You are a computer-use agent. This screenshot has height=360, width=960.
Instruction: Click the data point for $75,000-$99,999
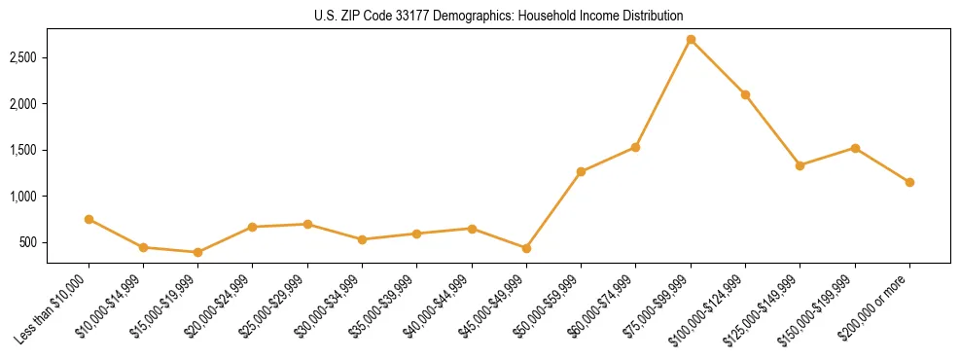pos(691,40)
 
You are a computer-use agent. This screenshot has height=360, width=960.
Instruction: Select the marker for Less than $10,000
pos(89,219)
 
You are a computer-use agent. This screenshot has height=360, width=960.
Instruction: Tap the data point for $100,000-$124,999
pos(745,94)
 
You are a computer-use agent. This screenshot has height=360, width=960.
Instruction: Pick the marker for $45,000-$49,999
pos(526,248)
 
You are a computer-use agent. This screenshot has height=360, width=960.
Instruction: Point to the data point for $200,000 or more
pos(909,182)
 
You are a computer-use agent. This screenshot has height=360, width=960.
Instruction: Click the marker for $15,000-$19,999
pos(198,252)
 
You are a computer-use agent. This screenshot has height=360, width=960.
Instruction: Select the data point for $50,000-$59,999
pos(581,171)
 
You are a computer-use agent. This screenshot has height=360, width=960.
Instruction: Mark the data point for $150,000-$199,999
pos(855,148)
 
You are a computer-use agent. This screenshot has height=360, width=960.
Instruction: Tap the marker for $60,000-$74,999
pos(635,147)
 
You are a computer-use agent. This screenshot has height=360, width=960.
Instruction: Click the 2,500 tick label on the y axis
pos(22,57)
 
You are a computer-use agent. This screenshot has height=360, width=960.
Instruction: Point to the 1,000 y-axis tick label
pos(22,197)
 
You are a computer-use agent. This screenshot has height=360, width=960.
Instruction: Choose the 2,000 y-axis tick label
pos(22,104)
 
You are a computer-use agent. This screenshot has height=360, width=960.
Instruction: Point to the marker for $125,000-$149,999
pos(800,165)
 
